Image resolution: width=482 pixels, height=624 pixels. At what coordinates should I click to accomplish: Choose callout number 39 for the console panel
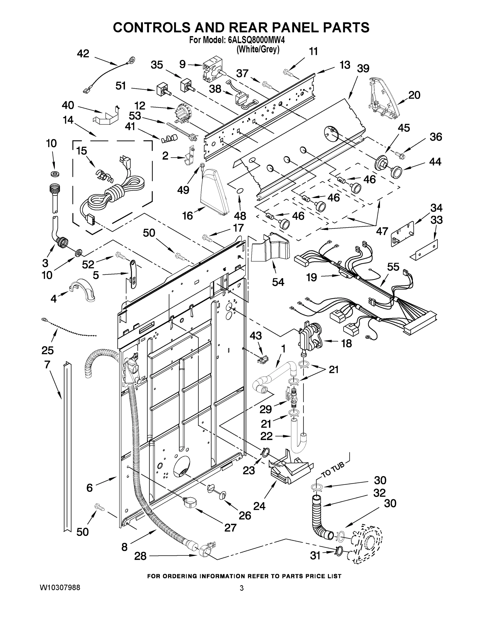(x=363, y=69)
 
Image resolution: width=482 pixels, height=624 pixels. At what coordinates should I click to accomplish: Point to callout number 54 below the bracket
(x=278, y=282)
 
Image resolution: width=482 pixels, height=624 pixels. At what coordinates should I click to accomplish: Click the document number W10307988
(x=60, y=587)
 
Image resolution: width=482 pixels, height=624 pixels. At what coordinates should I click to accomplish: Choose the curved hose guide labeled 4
(x=83, y=290)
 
